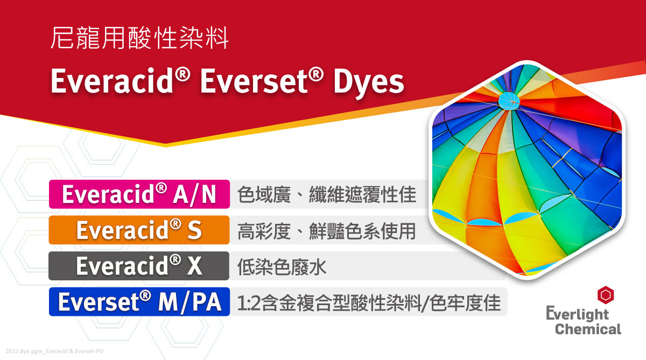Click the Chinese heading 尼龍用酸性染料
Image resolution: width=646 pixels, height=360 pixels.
pos(139,38)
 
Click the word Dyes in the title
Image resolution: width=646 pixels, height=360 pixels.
pos(369,82)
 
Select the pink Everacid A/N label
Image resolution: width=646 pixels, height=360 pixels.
pos(139,194)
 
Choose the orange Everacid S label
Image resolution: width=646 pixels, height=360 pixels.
pos(139,230)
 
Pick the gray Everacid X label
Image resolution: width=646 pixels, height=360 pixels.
pos(139,266)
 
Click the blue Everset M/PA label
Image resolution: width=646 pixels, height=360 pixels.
pos(139,302)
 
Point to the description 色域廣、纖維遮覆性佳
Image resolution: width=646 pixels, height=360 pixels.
pos(327,194)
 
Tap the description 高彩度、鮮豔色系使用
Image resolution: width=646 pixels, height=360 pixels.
pos(326,231)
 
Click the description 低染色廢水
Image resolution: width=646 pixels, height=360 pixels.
pos(282,266)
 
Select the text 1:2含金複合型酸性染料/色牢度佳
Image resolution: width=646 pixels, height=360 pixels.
pos(369,302)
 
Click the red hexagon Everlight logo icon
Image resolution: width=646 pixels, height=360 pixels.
pos(605,295)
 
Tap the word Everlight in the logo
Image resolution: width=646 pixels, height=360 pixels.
pos(577,314)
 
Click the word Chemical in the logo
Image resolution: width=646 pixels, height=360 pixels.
pos(588,329)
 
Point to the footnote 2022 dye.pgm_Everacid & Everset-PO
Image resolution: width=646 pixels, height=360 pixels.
pos(54,351)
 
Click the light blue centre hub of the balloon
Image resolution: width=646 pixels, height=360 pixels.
pos(509,101)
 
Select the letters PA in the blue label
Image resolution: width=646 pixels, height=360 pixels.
pos(207,302)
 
